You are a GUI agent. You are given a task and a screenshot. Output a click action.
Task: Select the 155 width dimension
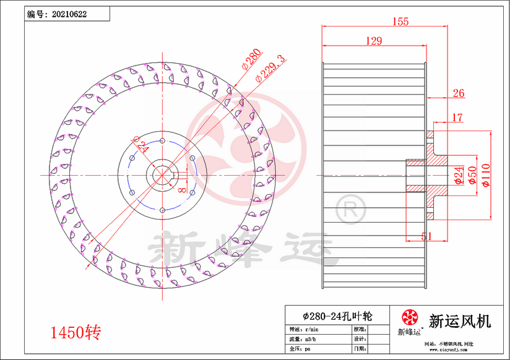(400, 22)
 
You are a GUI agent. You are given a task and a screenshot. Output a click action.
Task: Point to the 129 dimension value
(373, 41)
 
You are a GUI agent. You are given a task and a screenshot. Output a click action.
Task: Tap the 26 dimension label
(459, 93)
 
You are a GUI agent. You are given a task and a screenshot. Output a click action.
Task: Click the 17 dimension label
(457, 117)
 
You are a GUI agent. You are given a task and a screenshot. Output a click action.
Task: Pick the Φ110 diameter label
(486, 176)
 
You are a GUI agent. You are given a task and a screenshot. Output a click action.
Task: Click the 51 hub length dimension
(427, 235)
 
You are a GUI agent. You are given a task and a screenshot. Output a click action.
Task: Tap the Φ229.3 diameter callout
(270, 68)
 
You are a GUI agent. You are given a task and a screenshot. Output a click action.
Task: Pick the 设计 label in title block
(359, 339)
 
